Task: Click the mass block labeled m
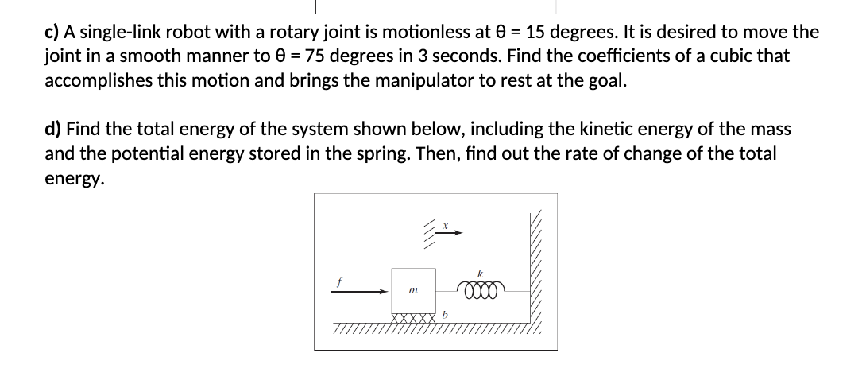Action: pos(414,293)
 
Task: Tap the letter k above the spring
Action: pos(481,274)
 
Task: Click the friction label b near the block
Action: pos(446,316)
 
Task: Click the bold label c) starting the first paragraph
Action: pos(52,33)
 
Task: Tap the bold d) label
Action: pos(54,130)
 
